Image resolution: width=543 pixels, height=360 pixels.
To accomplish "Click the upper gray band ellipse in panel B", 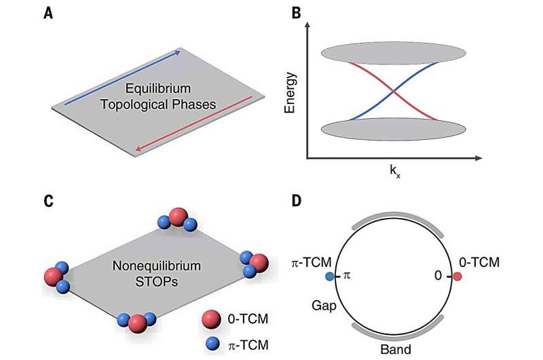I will (x=393, y=52).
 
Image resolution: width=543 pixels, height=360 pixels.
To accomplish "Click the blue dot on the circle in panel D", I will (x=330, y=277).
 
